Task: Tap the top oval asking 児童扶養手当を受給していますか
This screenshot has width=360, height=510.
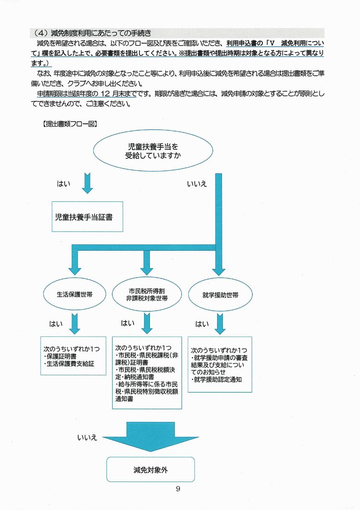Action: [x=153, y=151]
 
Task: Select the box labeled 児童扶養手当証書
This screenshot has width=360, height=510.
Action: [x=87, y=217]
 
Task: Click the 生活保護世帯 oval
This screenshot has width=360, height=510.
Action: [x=75, y=294]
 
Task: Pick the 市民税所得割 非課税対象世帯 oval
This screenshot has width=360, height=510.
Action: [x=147, y=294]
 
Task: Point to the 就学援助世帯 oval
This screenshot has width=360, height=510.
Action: [x=220, y=295]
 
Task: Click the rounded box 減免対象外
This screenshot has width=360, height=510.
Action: [x=150, y=470]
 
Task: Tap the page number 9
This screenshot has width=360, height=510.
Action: [x=178, y=489]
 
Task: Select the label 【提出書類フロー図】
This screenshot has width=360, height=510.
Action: [x=70, y=124]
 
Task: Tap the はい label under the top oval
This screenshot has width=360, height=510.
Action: [x=64, y=184]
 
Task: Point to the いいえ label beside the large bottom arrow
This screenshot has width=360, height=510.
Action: [x=87, y=437]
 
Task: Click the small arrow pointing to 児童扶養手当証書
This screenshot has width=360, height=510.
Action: [x=87, y=183]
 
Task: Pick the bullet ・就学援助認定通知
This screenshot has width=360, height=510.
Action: [x=216, y=380]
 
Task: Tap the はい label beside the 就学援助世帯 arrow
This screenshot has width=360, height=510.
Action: [x=202, y=324]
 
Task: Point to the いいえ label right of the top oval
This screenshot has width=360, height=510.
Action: [x=197, y=184]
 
